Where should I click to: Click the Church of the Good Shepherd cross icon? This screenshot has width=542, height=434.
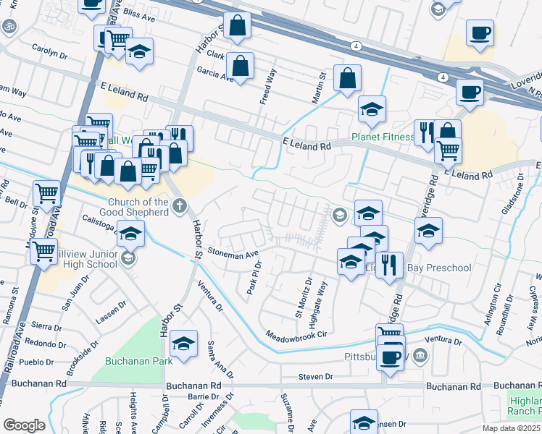tap(179, 206)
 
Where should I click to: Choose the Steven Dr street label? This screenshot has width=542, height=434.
tap(316, 377)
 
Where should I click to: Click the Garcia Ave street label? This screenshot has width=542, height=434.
tap(214, 73)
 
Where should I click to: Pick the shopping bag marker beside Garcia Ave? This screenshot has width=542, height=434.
tap(241, 65)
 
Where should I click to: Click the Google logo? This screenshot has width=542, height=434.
tap(24, 425)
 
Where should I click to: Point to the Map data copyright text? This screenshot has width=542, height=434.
tap(510, 427)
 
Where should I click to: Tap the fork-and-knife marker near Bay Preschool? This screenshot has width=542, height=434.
tap(391, 264)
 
